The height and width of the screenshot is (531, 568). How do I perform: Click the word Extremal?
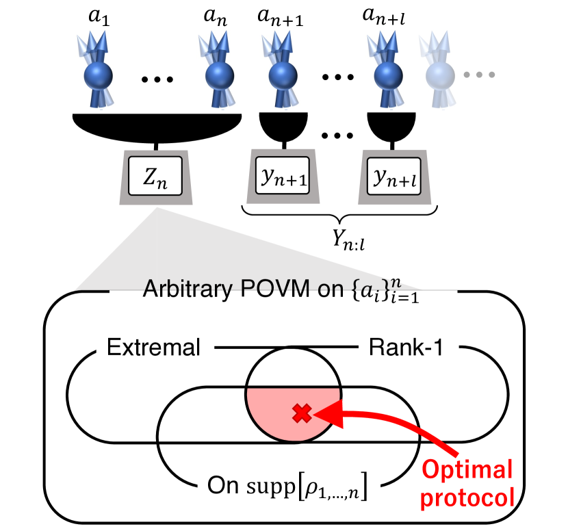153,348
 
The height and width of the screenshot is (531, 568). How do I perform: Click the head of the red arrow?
322,413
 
